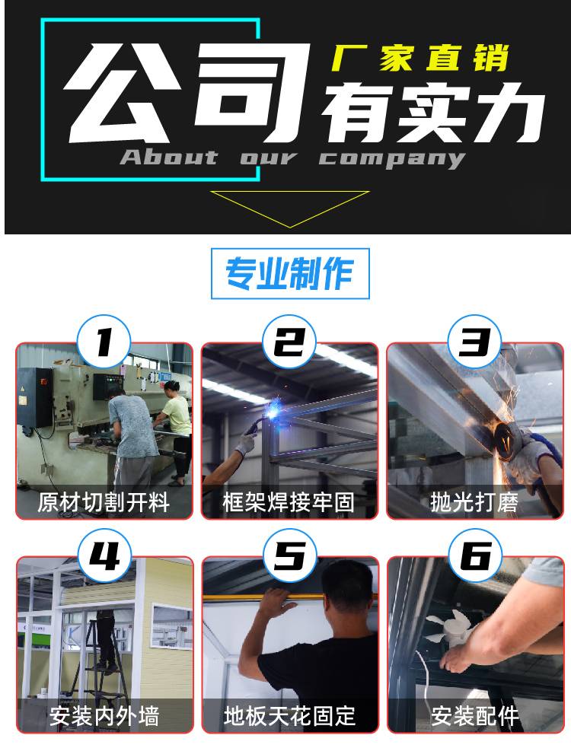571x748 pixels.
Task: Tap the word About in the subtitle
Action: tap(169, 157)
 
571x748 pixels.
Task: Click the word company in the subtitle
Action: tap(392, 159)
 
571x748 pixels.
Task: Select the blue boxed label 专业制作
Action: tap(290, 274)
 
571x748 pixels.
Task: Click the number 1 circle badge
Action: tap(104, 341)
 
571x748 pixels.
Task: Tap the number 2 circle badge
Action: tap(289, 341)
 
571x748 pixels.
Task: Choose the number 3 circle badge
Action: tap(474, 341)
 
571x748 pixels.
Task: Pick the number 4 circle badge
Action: tap(104, 555)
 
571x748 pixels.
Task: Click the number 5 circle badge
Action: tap(290, 555)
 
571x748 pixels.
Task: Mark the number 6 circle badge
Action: tap(475, 555)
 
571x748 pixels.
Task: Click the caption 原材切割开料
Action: tap(104, 502)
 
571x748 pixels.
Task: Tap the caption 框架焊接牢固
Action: tap(289, 502)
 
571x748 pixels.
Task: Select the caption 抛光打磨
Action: tap(474, 502)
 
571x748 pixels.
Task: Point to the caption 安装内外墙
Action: tap(104, 716)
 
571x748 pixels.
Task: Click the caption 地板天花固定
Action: tap(290, 716)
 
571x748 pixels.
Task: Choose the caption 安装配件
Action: tap(475, 716)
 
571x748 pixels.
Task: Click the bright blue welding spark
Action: tap(273, 410)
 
